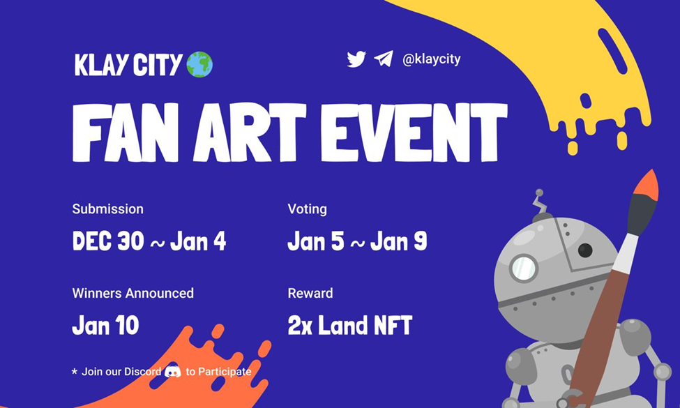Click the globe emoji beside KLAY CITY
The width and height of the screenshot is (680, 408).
199,64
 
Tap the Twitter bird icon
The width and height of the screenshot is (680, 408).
356,59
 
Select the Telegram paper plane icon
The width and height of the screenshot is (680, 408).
383,59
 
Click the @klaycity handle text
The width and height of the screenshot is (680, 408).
431,59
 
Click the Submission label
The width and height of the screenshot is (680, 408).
107,209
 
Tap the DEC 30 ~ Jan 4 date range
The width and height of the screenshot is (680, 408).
149,241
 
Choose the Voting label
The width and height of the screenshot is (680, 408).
307,209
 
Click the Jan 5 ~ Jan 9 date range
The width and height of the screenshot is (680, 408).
357,241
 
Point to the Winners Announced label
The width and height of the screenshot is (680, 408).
133,293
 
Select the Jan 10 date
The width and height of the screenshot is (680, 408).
105,325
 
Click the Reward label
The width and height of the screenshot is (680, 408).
310,293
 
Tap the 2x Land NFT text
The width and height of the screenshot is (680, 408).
349,325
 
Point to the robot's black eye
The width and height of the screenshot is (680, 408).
585,250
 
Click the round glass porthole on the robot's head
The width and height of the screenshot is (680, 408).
523,268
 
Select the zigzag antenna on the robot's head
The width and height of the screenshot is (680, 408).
538,203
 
